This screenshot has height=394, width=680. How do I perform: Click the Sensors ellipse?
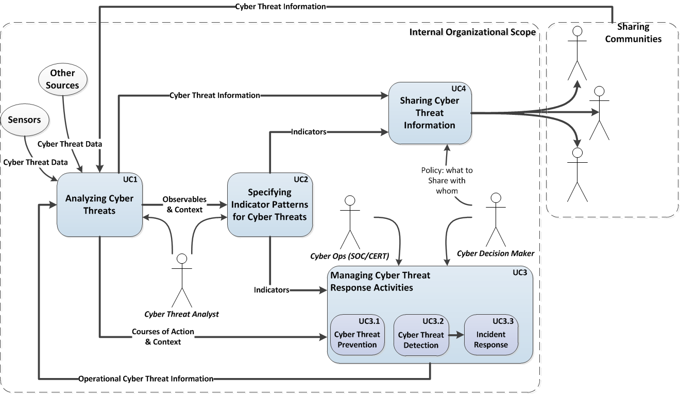[25, 120]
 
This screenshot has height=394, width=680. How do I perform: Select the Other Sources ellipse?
[62, 79]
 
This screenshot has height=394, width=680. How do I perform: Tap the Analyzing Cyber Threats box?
[99, 204]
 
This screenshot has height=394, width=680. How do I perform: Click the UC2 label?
[301, 179]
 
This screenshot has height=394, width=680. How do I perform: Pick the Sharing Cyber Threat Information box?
[430, 113]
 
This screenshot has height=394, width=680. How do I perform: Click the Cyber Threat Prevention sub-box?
[358, 335]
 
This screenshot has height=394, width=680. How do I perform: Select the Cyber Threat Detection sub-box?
[421, 335]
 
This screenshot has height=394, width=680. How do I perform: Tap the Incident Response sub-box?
[491, 335]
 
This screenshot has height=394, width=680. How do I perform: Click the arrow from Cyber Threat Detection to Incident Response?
[456, 335]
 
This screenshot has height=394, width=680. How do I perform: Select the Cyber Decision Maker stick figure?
[496, 220]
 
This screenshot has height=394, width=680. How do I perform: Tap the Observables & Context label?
[184, 204]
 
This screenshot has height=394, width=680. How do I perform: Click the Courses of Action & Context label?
[163, 337]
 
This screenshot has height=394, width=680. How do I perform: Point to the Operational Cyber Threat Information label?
[146, 379]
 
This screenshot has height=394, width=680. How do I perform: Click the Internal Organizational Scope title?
[472, 32]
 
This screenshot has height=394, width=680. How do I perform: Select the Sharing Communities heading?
[633, 33]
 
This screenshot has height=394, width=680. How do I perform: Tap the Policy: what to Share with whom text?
[447, 181]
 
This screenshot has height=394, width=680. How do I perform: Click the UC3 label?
[520, 272]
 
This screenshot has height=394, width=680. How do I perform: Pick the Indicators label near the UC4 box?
[309, 132]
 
